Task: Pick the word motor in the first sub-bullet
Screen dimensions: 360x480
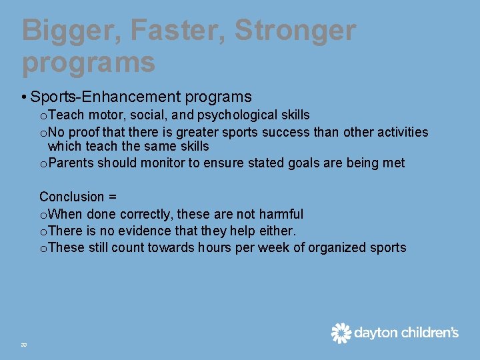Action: (x=105, y=115)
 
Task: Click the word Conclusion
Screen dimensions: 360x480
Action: (x=72, y=197)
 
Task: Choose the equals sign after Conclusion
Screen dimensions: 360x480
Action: (x=113, y=197)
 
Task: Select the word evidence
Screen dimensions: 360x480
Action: (x=151, y=231)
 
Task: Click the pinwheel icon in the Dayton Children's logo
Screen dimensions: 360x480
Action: (x=341, y=333)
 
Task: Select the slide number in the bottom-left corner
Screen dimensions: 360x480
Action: (x=23, y=344)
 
